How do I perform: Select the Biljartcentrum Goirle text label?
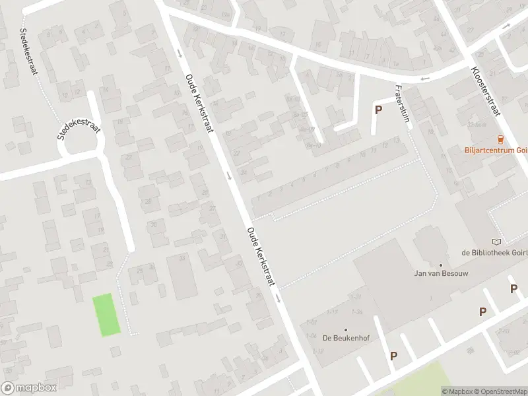pos(496,150)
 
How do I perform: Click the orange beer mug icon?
pos(500,139)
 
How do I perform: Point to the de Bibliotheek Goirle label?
pos(494,252)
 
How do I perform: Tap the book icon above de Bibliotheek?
pos(496,242)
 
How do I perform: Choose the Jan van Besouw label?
pos(440,273)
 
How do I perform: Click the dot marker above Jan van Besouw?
pos(440,265)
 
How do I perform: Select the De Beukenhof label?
pos(345,337)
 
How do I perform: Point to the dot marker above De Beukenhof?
pos(345,329)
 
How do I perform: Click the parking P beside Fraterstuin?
pos(378,110)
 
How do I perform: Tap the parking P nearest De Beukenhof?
pos(394,356)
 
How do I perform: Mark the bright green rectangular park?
pos(107,315)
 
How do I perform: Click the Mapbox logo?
pos(29,388)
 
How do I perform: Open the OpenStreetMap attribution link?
pos(499,391)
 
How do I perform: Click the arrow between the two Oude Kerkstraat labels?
pos(228,175)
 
